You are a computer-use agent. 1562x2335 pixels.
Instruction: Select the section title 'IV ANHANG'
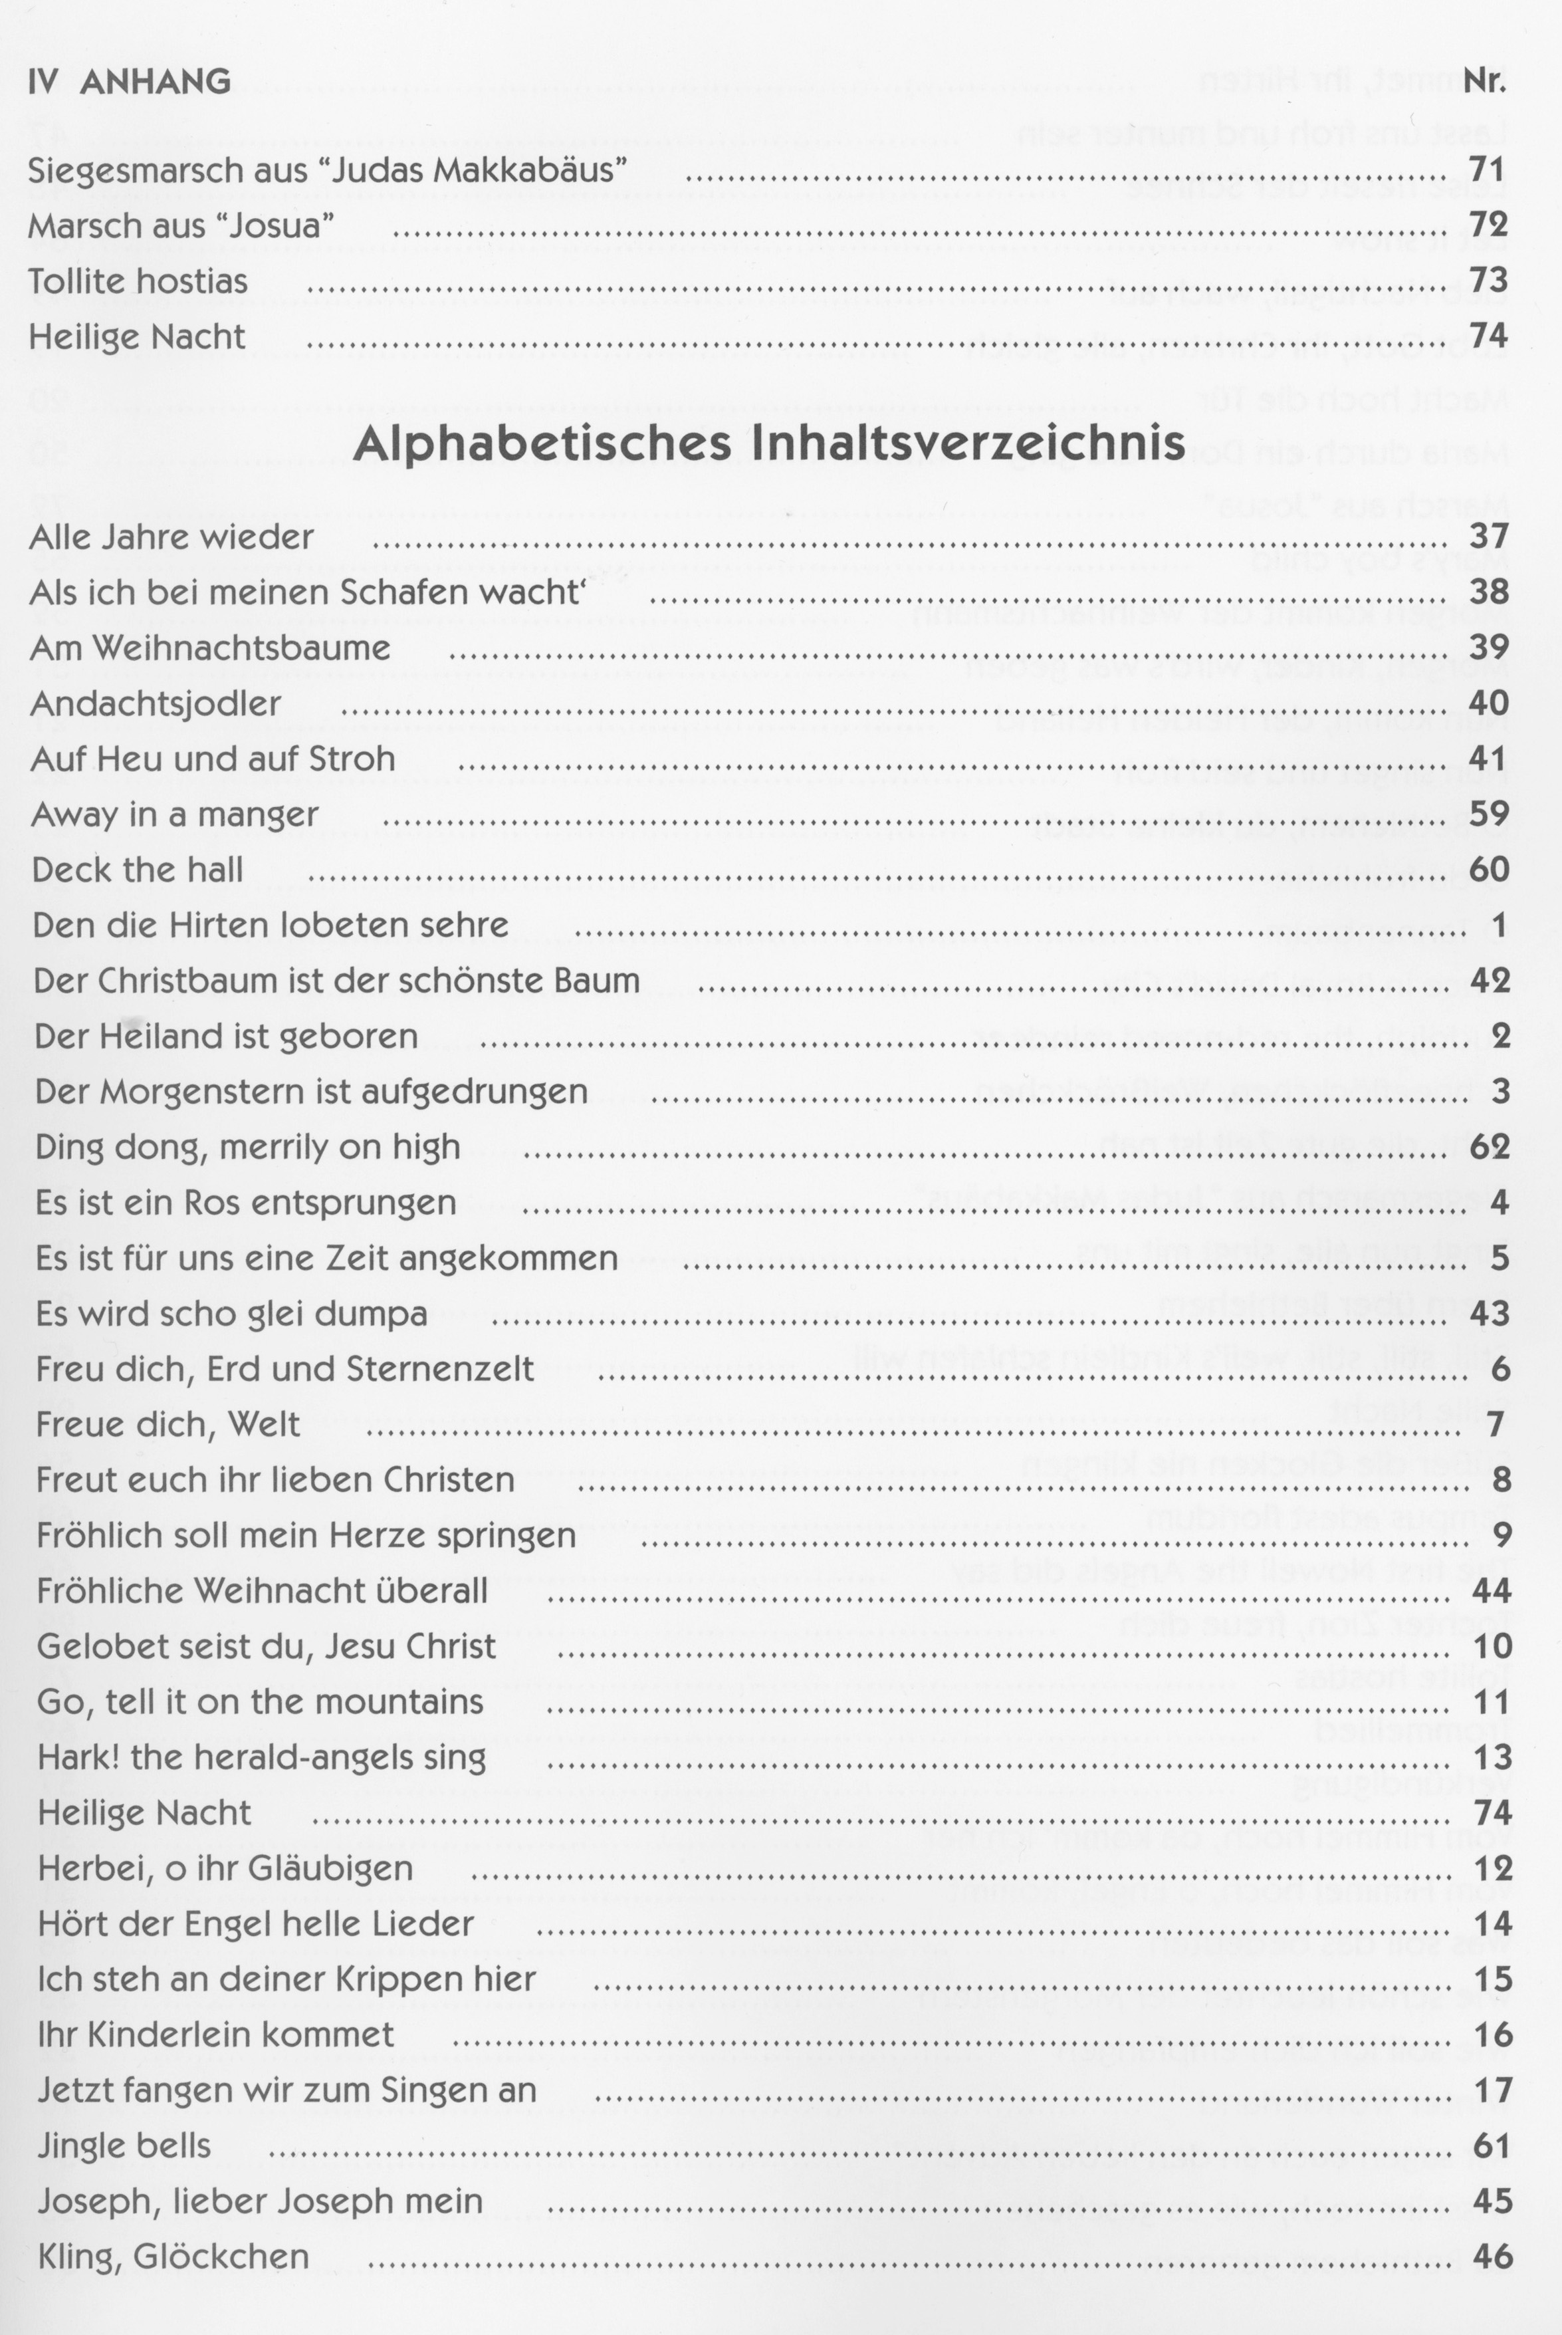(130, 80)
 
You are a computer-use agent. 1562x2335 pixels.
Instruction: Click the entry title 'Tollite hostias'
(138, 282)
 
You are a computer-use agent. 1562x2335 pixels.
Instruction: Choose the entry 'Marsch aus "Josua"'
(180, 226)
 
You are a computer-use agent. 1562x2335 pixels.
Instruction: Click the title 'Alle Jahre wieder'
(171, 538)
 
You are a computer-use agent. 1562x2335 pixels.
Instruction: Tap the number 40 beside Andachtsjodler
(1490, 703)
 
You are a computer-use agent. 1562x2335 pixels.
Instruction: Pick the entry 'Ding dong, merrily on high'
(248, 1148)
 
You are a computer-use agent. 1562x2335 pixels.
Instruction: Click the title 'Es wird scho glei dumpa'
(231, 1314)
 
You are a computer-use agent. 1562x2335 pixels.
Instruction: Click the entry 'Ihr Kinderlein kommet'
(216, 2034)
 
